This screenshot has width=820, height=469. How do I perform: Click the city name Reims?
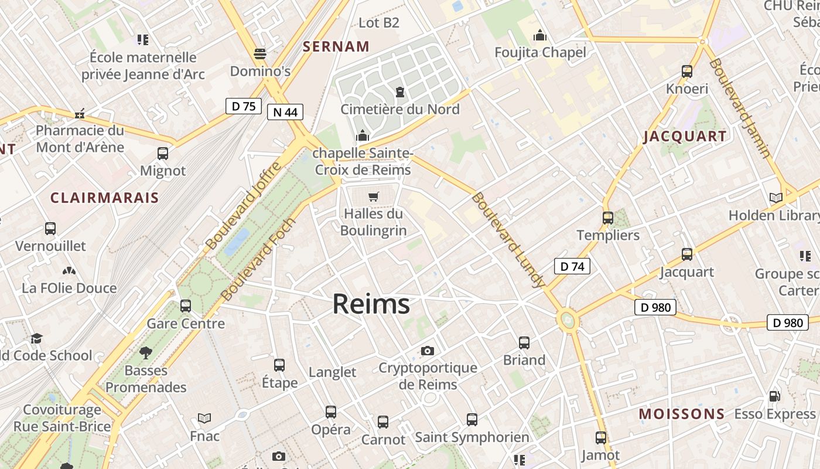(x=371, y=304)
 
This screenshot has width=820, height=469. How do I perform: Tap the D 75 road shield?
(x=243, y=106)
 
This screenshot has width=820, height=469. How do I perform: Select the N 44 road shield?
(x=285, y=112)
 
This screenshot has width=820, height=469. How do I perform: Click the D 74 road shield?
(x=572, y=266)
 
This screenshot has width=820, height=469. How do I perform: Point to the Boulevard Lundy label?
(x=508, y=240)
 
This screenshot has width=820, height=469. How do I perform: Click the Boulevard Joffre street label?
(x=244, y=206)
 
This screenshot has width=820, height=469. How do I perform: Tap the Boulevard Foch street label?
(x=259, y=260)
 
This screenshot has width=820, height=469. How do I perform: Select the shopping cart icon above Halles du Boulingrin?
(x=374, y=197)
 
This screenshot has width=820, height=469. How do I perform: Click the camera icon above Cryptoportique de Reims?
(x=428, y=351)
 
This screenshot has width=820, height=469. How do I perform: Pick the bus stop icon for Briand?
(x=524, y=342)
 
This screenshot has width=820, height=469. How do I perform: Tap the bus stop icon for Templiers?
(x=608, y=218)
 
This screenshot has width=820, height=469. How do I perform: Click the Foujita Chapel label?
(x=540, y=52)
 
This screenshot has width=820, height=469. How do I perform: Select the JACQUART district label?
(x=685, y=137)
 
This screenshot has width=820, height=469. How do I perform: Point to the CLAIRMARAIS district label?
(x=105, y=198)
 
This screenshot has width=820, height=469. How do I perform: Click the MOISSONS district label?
(x=682, y=414)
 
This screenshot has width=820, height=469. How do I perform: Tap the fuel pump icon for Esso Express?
(x=774, y=396)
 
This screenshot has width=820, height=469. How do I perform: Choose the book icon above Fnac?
(x=204, y=418)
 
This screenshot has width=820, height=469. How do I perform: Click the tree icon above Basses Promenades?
(x=145, y=353)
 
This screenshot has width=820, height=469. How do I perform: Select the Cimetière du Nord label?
(x=400, y=109)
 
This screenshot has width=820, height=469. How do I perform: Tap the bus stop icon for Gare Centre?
(x=186, y=305)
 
